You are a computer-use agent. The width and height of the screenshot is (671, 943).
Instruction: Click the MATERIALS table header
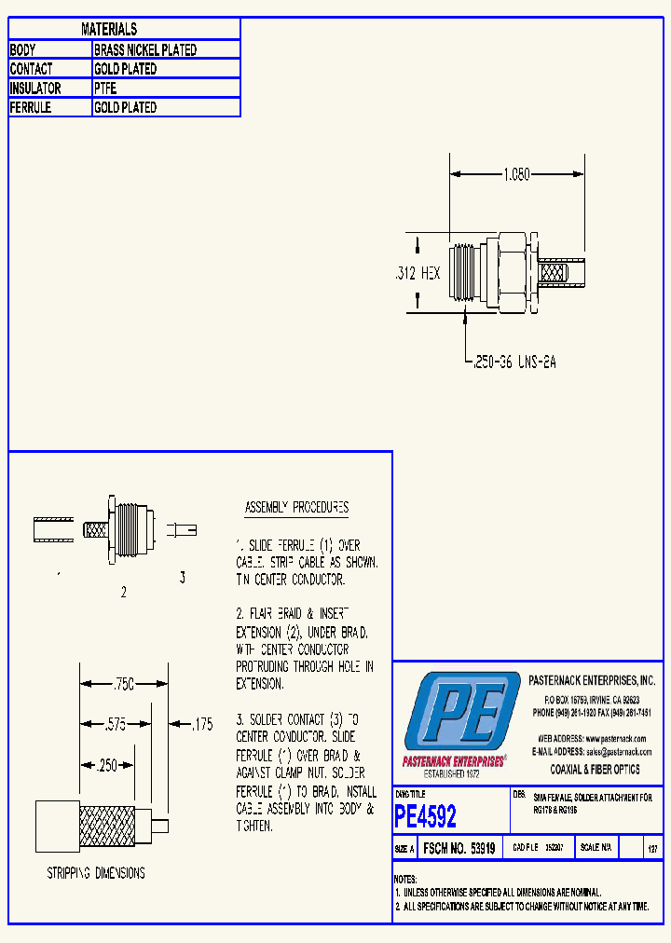pos(109,30)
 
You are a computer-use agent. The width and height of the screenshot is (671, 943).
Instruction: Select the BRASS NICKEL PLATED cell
pos(145,50)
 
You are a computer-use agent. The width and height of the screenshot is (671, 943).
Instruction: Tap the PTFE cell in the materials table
pos(104,89)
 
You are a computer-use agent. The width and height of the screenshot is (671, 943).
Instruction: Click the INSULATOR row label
pos(35,89)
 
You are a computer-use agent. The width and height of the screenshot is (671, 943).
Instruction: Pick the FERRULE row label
pos(31,108)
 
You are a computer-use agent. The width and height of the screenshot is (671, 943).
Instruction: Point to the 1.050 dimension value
pos(516,174)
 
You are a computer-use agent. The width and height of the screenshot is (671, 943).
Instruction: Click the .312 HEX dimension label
pos(417,274)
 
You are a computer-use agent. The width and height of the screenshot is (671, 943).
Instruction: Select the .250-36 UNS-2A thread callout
pos(513,362)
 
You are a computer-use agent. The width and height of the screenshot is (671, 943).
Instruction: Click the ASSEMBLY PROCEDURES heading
pos(296,508)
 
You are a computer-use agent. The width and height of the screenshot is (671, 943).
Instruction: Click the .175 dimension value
pos(200,723)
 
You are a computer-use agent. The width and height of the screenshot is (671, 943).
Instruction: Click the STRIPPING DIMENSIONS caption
pos(96,873)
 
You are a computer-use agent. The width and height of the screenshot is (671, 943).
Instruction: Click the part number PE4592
pos(426,817)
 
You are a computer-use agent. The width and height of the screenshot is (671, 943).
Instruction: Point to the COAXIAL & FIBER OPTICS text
pos(595,770)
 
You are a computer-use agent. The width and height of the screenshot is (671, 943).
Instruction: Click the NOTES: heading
pos(405,879)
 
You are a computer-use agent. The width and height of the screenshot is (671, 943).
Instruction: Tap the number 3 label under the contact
pos(182,578)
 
